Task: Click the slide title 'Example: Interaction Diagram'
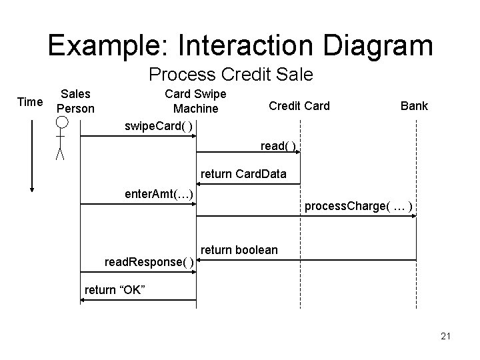(x=240, y=45)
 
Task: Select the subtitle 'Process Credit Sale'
(x=231, y=75)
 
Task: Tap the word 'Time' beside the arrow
(x=30, y=102)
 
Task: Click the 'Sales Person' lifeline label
(x=75, y=101)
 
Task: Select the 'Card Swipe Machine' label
(x=195, y=101)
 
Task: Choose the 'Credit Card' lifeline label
(x=299, y=105)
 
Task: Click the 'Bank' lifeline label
(x=414, y=105)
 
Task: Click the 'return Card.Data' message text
(x=243, y=175)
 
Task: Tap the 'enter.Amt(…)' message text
(x=159, y=194)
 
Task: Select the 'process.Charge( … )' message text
(x=358, y=206)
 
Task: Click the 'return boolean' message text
(x=239, y=250)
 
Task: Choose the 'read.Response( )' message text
(x=150, y=262)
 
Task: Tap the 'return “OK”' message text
(x=115, y=290)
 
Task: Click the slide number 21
(x=445, y=337)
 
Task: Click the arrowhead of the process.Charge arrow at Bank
(x=413, y=216)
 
